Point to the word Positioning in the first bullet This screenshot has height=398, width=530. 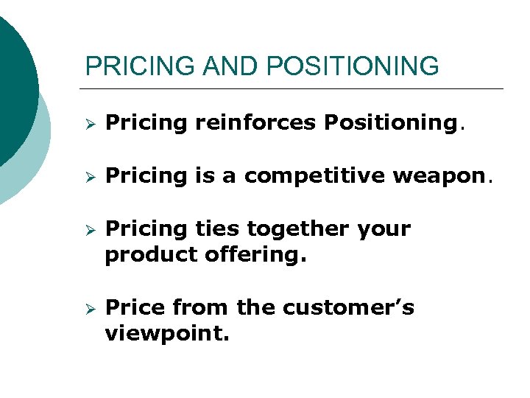[389, 123]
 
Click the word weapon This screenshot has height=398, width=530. [448, 176]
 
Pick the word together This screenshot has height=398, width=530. [300, 229]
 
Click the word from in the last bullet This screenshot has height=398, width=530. [197, 307]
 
